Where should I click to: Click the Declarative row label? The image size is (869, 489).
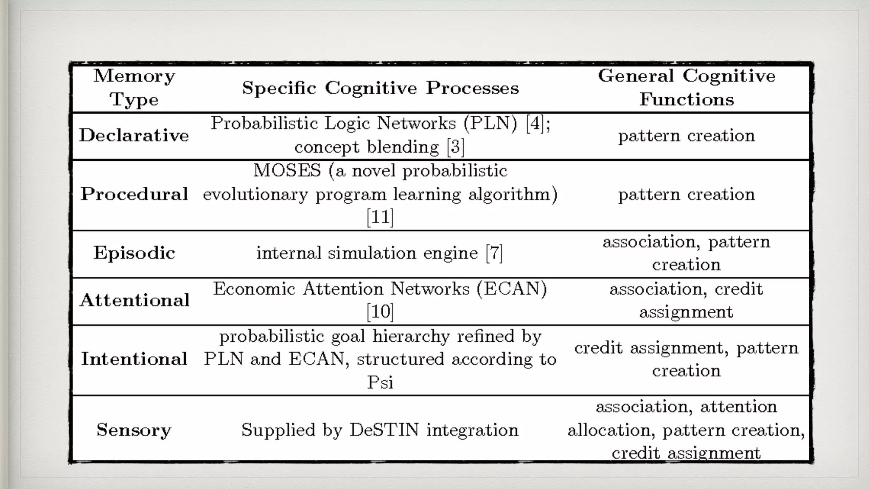click(x=134, y=135)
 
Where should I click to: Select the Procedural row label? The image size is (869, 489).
click(x=134, y=194)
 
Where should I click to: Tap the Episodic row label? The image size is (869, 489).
click(x=134, y=253)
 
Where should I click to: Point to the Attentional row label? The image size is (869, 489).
click(x=135, y=300)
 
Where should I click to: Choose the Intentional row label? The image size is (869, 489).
click(x=134, y=359)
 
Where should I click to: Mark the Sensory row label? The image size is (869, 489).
click(x=134, y=430)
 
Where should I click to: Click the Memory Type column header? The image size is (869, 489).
click(x=134, y=87)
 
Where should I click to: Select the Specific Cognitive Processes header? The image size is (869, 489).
click(x=380, y=88)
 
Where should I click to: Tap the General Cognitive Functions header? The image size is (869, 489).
click(x=687, y=87)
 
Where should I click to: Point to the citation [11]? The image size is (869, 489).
click(x=380, y=217)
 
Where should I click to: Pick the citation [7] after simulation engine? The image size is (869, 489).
click(x=494, y=253)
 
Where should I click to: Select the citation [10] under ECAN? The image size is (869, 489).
click(x=380, y=312)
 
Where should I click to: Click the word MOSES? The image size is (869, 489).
click(x=287, y=171)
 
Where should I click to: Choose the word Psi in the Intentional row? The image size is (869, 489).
click(x=380, y=382)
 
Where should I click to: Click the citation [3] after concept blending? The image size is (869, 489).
click(x=456, y=147)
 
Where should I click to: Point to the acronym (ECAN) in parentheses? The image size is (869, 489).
click(x=512, y=289)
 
